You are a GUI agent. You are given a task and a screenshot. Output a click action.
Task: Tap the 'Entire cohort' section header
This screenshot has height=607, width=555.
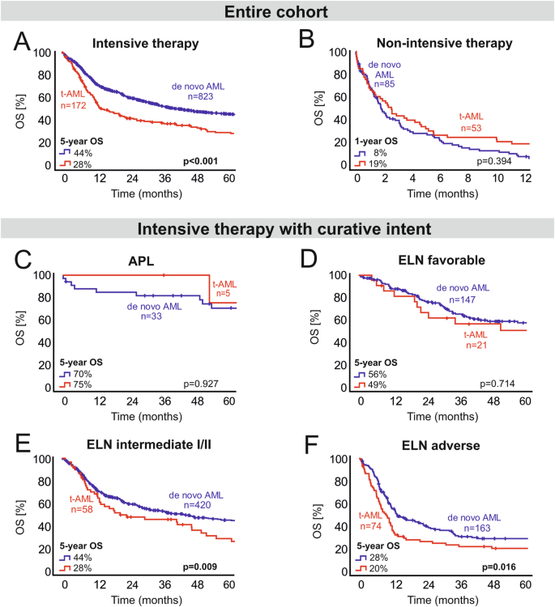coord(277,13)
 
